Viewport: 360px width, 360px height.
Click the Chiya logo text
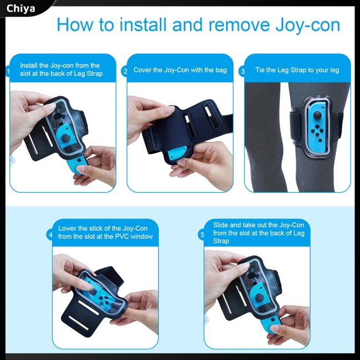tap(20, 8)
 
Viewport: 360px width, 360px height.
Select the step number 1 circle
tap(8, 71)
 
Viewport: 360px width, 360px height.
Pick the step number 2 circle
tap(126, 71)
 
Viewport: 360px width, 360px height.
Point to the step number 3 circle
tap(242, 71)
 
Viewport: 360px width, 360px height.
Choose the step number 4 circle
tap(51, 235)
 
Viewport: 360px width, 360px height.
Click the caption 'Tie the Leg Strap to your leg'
tap(297, 70)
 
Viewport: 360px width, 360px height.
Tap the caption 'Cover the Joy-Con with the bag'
tap(180, 70)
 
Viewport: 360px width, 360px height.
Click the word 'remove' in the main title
tap(225, 25)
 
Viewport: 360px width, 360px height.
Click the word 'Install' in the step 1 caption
tap(29, 65)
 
